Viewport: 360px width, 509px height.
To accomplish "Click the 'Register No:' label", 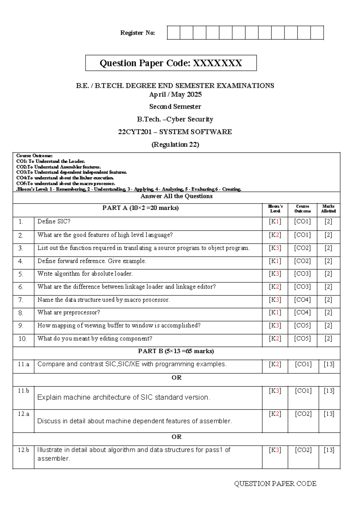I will (137, 33).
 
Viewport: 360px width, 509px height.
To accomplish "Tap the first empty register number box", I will (173, 33).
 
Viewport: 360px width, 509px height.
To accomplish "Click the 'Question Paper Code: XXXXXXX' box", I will (171, 63).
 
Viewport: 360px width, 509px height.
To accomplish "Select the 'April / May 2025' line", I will (175, 95).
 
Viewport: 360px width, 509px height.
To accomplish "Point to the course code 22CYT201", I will (135, 132).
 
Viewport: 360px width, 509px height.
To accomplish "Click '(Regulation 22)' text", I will (175, 145).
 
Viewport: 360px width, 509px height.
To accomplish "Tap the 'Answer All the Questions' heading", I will (176, 196).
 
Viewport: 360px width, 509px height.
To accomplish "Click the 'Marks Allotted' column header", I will (328, 209).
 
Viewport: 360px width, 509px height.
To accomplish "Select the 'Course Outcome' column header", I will (302, 209).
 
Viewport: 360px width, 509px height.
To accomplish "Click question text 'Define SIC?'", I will (54, 221).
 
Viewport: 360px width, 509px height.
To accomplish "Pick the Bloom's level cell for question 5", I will (275, 274).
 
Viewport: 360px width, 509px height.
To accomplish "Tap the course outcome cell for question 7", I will (302, 300).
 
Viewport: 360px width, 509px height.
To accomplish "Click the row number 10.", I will (22, 339).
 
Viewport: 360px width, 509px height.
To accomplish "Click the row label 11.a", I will (23, 364).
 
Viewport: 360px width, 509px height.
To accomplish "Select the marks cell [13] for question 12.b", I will (329, 450).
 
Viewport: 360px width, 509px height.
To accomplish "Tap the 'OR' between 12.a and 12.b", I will (176, 437).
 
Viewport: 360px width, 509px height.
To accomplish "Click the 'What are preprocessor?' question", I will (69, 312).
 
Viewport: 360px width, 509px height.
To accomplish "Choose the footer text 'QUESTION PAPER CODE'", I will (275, 484).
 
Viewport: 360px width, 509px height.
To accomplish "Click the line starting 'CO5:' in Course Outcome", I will (66, 183).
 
